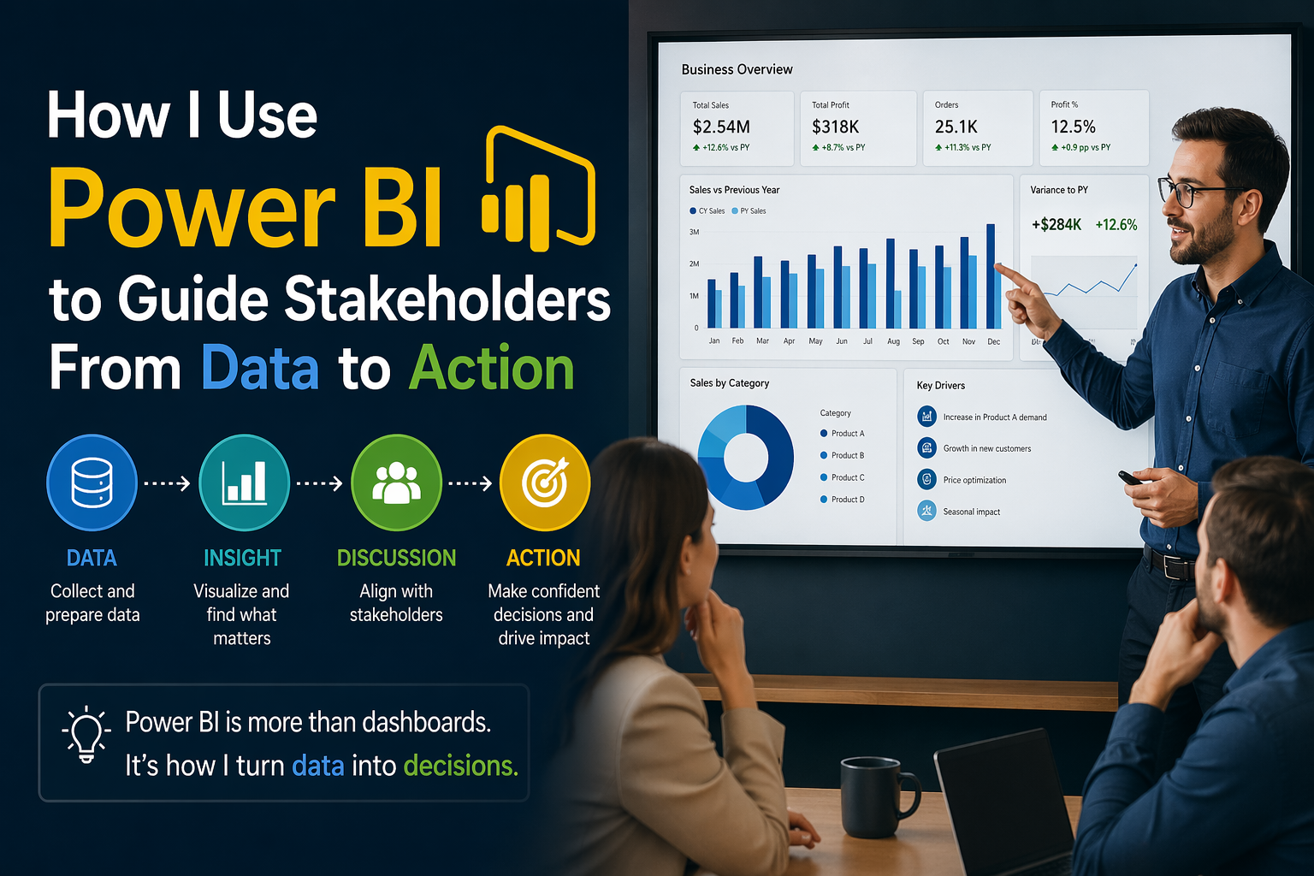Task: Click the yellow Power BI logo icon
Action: point(539,190)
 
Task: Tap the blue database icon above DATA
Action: point(92,482)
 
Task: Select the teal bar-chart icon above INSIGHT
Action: point(244,482)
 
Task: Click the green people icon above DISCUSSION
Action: point(396,482)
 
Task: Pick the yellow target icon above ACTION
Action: point(545,482)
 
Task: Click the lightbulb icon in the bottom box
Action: point(86,734)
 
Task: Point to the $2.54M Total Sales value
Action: point(721,127)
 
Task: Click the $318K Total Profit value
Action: point(835,127)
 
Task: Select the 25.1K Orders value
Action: point(956,127)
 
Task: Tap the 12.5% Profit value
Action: point(1073,127)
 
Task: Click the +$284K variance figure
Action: point(1057,225)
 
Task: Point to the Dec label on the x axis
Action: point(993,341)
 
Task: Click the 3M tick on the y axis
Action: point(694,232)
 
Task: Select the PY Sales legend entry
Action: point(749,210)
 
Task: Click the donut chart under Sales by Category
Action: point(746,457)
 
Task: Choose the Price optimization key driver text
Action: point(974,481)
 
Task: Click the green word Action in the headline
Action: point(491,369)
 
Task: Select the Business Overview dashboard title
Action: point(737,69)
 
